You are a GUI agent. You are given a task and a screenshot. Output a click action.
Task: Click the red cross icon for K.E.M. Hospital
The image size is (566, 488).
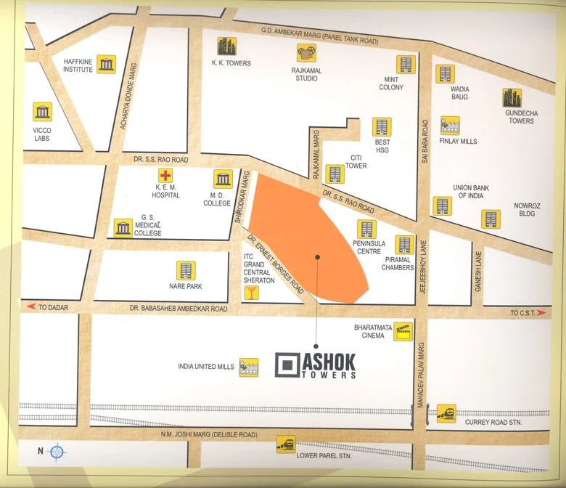click(x=165, y=176)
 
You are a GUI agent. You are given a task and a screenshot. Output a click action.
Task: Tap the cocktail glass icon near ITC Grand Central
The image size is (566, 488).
click(x=252, y=293)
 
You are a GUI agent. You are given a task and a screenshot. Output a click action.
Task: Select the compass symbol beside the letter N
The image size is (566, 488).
click(x=58, y=452)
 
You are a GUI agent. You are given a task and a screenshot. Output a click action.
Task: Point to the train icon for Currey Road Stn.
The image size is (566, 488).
click(x=446, y=413)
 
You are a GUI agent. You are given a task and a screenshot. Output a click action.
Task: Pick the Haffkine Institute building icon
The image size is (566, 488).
click(x=107, y=64)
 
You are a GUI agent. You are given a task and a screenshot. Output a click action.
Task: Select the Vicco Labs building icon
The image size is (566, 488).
click(x=43, y=111)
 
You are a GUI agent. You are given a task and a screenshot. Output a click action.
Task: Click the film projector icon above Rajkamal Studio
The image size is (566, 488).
click(x=306, y=52)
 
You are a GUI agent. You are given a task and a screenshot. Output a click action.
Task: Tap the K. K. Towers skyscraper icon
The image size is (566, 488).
click(x=227, y=45)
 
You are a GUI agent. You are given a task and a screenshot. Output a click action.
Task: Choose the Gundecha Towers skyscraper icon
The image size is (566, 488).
click(x=512, y=98)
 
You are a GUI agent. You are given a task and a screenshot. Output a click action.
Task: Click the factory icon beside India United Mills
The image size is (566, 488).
click(x=249, y=367)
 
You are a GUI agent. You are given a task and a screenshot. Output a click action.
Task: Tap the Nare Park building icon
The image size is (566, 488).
click(x=186, y=271)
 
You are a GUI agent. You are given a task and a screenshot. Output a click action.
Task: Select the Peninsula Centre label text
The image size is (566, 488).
click(x=367, y=247)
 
